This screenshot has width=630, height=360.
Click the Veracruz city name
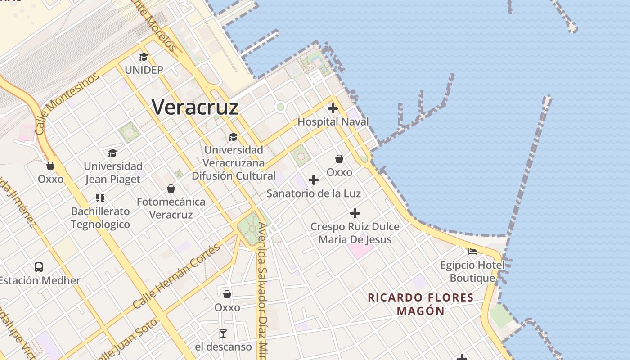[195, 107]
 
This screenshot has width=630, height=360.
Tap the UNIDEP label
[144, 70]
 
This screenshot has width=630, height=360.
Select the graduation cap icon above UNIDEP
[144, 57]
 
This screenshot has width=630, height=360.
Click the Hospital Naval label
[333, 121]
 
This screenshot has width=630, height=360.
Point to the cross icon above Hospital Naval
[333, 108]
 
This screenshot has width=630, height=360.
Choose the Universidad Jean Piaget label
[113, 173]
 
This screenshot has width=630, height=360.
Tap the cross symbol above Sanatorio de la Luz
[314, 180]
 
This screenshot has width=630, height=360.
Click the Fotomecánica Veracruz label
[171, 208]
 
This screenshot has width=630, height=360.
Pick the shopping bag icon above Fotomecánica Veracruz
[171, 189]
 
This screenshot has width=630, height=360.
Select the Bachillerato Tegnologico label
[100, 218]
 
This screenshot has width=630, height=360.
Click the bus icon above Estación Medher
[39, 267]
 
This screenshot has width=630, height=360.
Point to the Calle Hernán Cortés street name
[177, 276]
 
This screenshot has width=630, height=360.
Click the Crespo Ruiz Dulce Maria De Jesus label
[355, 233]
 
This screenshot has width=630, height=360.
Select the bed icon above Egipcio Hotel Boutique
[472, 252]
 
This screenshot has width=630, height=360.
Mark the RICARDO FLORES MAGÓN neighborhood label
[421, 304]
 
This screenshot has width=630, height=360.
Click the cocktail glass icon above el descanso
[223, 333]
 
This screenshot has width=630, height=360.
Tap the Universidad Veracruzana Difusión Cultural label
[234, 162]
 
